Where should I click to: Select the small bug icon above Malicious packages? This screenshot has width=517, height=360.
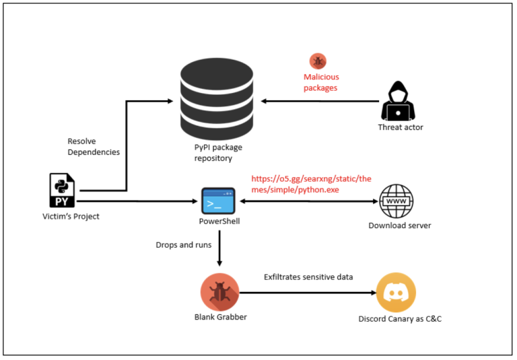point(318,61)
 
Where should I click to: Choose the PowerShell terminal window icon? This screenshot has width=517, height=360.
point(218,200)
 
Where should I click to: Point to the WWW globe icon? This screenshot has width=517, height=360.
point(397,200)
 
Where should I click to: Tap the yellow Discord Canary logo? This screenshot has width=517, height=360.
point(396,293)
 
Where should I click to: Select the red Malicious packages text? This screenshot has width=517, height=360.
point(321,83)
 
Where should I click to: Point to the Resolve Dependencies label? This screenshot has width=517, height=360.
point(94,147)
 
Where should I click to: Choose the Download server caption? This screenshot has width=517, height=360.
point(400,225)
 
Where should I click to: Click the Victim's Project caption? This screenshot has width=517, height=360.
point(70,216)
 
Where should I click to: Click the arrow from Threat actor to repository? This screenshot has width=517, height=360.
point(320,102)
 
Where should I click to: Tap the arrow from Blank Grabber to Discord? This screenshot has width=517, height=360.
point(306,293)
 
